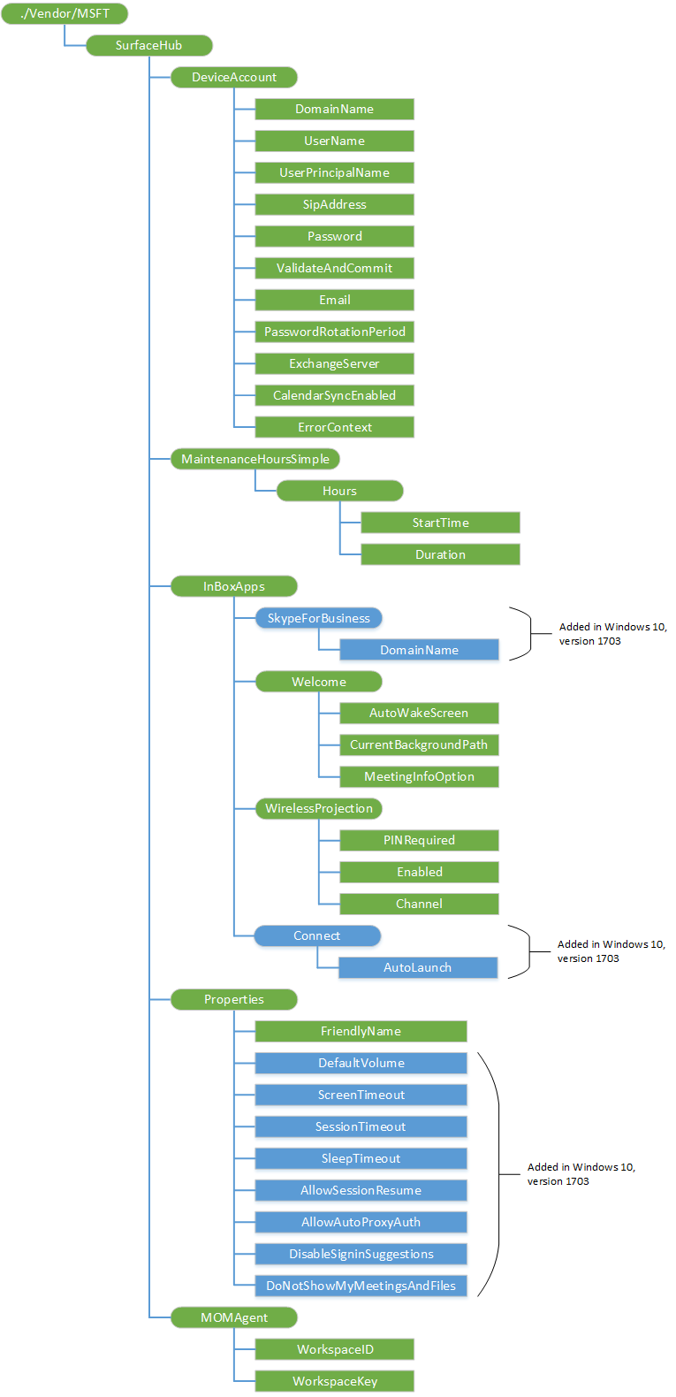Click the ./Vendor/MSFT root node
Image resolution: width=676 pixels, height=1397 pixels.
(65, 13)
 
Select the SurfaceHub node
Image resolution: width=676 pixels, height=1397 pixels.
(148, 45)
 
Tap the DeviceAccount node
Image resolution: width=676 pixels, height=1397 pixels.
(233, 77)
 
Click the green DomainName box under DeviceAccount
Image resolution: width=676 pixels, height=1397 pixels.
(334, 109)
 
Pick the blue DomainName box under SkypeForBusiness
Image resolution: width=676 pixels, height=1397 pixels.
(419, 650)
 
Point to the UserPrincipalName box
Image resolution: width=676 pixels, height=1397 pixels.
(334, 172)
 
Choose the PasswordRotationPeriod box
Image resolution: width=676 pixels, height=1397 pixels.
(334, 332)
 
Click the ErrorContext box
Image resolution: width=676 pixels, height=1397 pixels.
(334, 427)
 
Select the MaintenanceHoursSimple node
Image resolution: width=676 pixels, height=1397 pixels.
(254, 459)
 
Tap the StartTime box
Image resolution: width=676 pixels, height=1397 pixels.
(440, 523)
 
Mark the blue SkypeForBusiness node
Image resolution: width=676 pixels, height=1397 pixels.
(318, 618)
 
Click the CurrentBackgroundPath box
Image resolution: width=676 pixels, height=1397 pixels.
(419, 744)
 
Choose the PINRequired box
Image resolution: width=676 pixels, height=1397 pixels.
(419, 840)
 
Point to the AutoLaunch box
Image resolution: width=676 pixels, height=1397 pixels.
(417, 967)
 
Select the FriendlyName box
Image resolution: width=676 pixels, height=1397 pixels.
(361, 1031)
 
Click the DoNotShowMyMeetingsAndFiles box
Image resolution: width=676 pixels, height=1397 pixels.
(361, 1286)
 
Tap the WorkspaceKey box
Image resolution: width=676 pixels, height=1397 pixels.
(334, 1381)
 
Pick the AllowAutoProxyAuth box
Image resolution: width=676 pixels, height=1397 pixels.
(361, 1222)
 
